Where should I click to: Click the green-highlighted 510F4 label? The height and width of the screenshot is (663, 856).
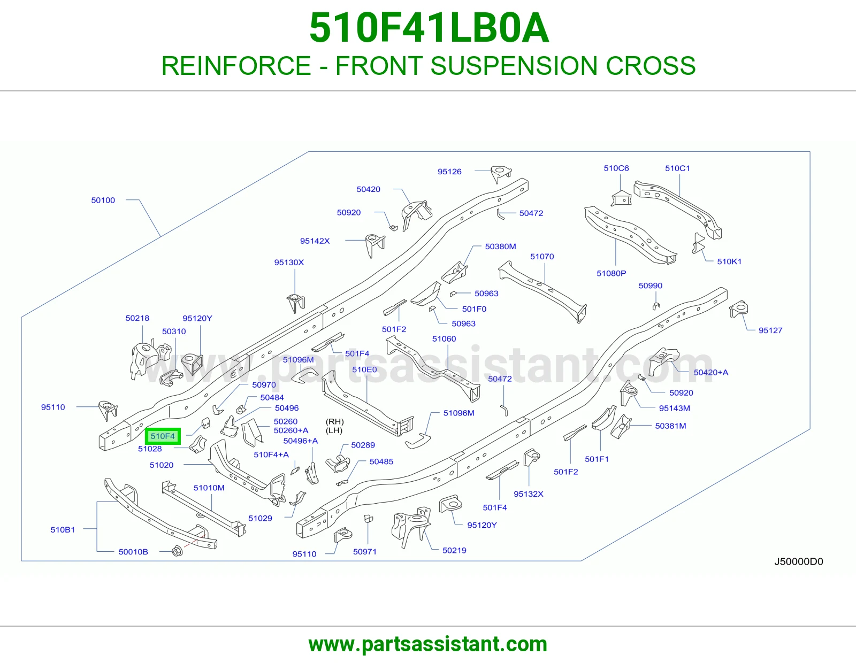click(163, 436)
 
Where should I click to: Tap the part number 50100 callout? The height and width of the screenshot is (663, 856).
click(103, 201)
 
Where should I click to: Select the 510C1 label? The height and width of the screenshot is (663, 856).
click(677, 168)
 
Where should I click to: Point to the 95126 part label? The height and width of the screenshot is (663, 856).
click(449, 172)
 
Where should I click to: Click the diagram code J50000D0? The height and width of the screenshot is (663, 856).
click(798, 562)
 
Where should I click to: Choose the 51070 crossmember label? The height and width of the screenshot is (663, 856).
click(542, 257)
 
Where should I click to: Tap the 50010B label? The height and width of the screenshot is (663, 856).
click(133, 552)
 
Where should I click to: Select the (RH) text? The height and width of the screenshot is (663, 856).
click(335, 422)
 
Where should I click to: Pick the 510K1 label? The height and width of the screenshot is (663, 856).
click(729, 262)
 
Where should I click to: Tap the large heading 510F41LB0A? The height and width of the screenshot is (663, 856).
click(429, 28)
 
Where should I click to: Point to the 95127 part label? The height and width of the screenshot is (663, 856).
click(770, 331)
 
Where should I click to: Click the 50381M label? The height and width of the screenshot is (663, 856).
click(670, 426)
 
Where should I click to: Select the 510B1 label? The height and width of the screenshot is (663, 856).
click(63, 530)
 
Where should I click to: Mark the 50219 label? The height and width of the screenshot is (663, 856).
click(454, 550)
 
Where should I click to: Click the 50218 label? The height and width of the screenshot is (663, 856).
click(137, 318)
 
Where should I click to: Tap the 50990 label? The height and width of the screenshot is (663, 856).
click(651, 286)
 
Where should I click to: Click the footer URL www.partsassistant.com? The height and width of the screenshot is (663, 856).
click(428, 644)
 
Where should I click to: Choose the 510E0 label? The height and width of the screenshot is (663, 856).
click(364, 369)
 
